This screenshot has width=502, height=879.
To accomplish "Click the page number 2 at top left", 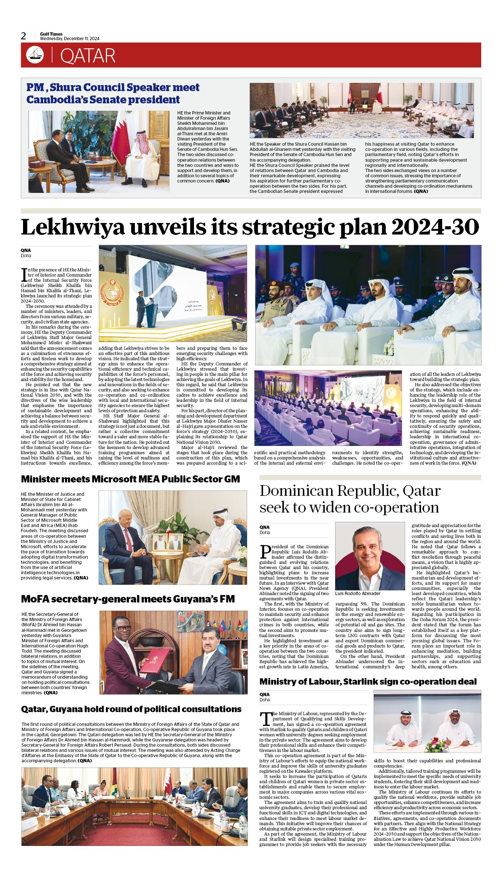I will tap(24, 36).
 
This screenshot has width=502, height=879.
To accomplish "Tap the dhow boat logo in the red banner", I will tap(35, 55).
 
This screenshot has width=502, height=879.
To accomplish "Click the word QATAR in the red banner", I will tap(88, 56).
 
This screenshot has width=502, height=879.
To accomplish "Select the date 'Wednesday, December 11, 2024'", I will tap(69, 39).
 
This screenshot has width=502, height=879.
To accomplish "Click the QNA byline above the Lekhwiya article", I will tap(26, 251).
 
